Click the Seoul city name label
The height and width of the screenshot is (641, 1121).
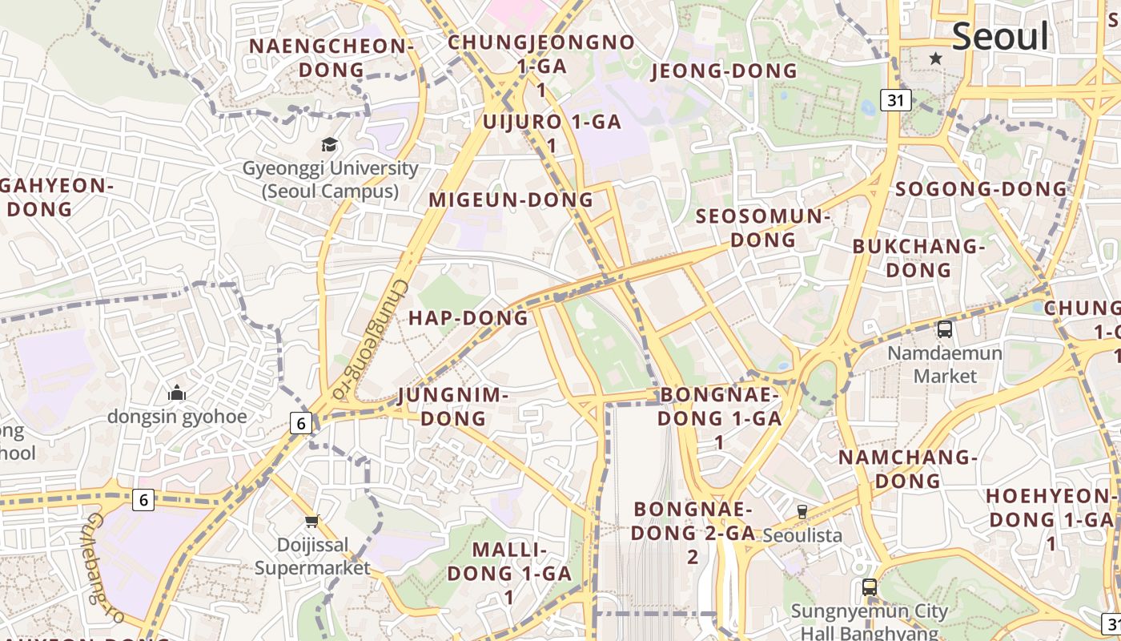coord(1000,37)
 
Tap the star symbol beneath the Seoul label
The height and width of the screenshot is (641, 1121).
coord(935,58)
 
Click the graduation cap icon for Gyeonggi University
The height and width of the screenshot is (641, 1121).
coord(329,145)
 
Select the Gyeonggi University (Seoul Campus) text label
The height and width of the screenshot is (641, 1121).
coord(330,180)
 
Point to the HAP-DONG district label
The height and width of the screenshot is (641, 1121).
coord(468,318)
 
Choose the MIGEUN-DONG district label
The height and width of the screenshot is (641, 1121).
coord(512,200)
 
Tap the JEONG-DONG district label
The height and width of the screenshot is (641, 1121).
coord(725,71)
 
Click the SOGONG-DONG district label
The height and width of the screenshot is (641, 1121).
coord(981,189)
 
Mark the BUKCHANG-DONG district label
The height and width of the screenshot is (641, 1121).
coord(918,258)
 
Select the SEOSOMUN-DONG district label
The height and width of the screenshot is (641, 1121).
coord(762,228)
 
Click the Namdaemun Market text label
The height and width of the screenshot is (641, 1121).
coord(945,365)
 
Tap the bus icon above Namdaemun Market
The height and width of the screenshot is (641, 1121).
coord(945,329)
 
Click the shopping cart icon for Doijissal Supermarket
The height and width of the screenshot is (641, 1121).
coord(312,522)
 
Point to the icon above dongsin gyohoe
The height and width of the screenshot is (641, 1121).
coord(177,393)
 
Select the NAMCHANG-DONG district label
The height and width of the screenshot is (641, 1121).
coord(908,469)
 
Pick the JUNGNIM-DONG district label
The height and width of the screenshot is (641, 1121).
coord(453,406)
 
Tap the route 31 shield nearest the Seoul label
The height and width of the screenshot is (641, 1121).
coord(896,100)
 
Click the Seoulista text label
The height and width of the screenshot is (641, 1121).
coord(802,534)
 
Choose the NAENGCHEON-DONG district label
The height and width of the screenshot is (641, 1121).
coord(331,58)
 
